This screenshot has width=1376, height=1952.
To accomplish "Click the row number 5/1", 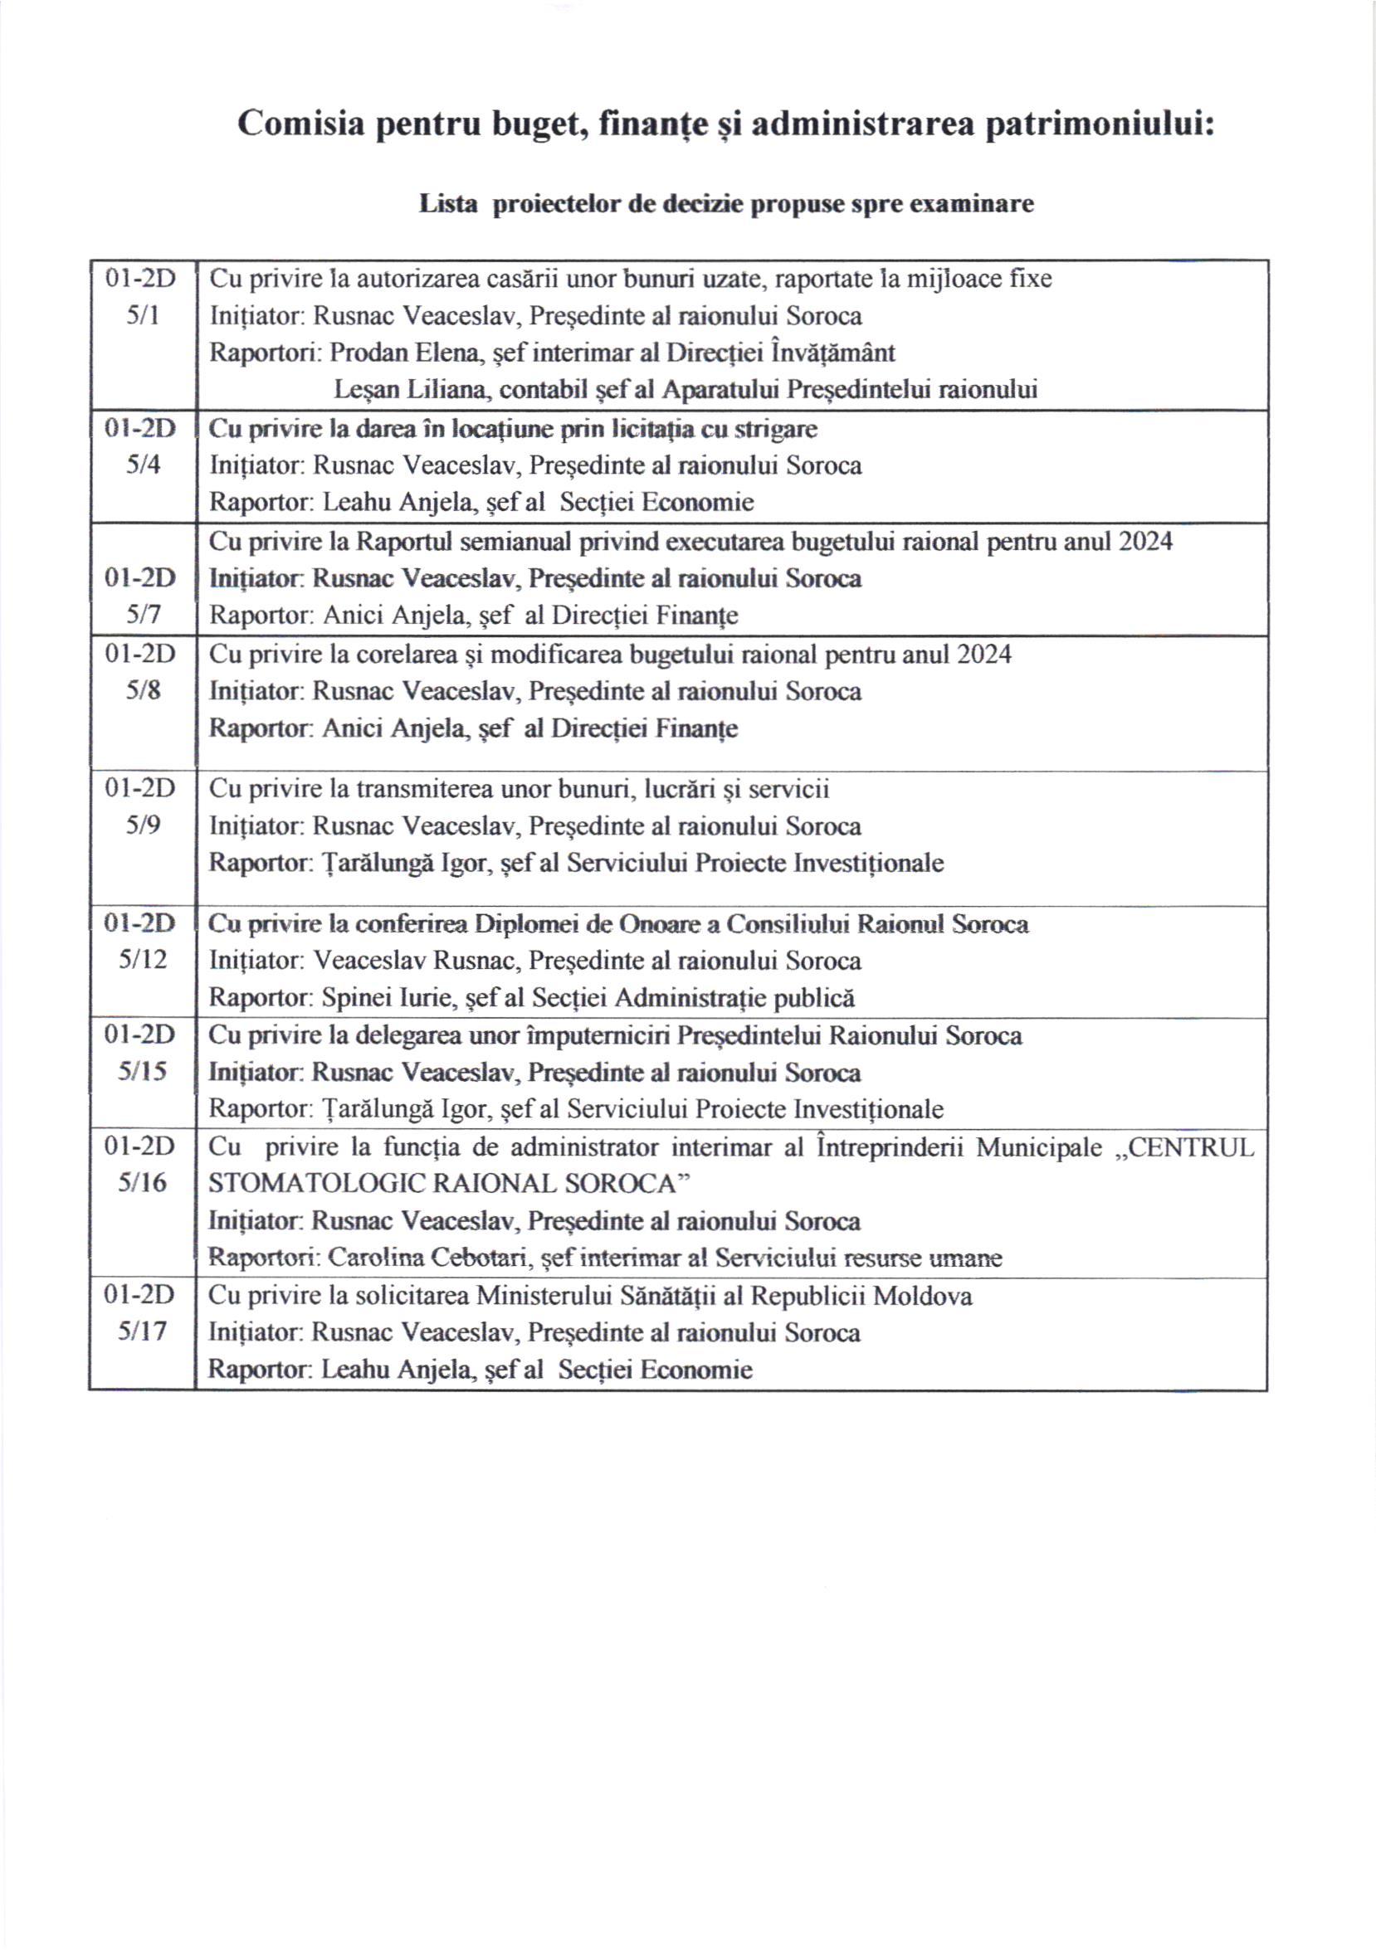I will coord(142,316).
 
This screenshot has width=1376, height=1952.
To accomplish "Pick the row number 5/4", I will coord(142,465).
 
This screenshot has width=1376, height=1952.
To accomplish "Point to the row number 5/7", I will coord(142,615).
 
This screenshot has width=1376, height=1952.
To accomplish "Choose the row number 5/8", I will coord(142,690).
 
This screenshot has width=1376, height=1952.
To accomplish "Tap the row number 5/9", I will coord(142,825).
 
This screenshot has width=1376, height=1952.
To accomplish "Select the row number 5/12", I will coord(142,960).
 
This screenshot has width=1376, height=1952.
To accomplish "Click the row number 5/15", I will coord(142,1071).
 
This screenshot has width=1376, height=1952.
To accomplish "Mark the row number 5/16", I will coord(142,1183).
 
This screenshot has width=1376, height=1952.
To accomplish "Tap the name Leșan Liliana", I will coord(411,389).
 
